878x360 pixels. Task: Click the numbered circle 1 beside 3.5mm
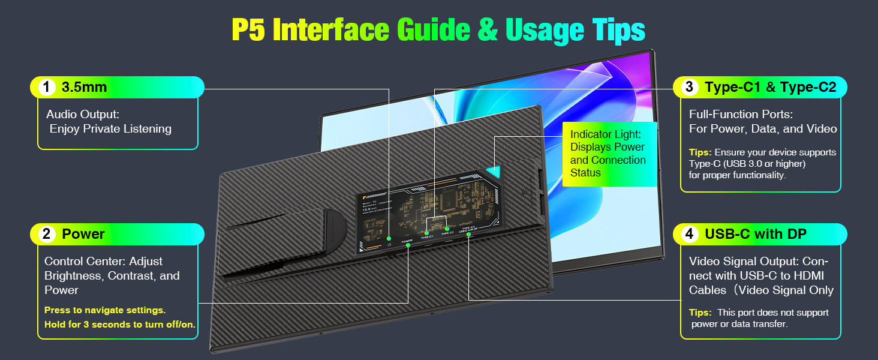[x=47, y=88]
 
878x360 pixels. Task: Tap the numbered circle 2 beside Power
[x=47, y=234]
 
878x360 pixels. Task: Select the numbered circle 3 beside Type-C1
[x=690, y=88]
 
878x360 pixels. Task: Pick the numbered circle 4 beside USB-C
[x=690, y=234]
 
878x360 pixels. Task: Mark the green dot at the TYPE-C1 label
[x=426, y=233]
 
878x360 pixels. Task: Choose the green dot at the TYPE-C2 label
[x=447, y=229]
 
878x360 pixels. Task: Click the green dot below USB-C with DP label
[x=468, y=235]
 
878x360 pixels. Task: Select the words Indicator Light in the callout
[x=606, y=134]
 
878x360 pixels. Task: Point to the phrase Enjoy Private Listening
[x=110, y=129]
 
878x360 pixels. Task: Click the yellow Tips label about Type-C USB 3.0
[x=700, y=152]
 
